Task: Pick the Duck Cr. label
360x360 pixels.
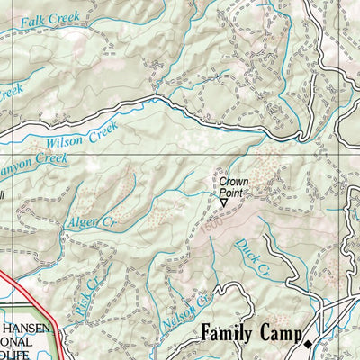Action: (251, 256)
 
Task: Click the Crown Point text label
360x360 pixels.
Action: (234, 187)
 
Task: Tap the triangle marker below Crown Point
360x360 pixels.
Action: (225, 203)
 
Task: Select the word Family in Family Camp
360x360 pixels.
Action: (229, 334)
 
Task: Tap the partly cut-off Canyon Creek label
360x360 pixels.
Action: (34, 162)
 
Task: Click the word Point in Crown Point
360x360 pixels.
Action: (234, 193)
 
